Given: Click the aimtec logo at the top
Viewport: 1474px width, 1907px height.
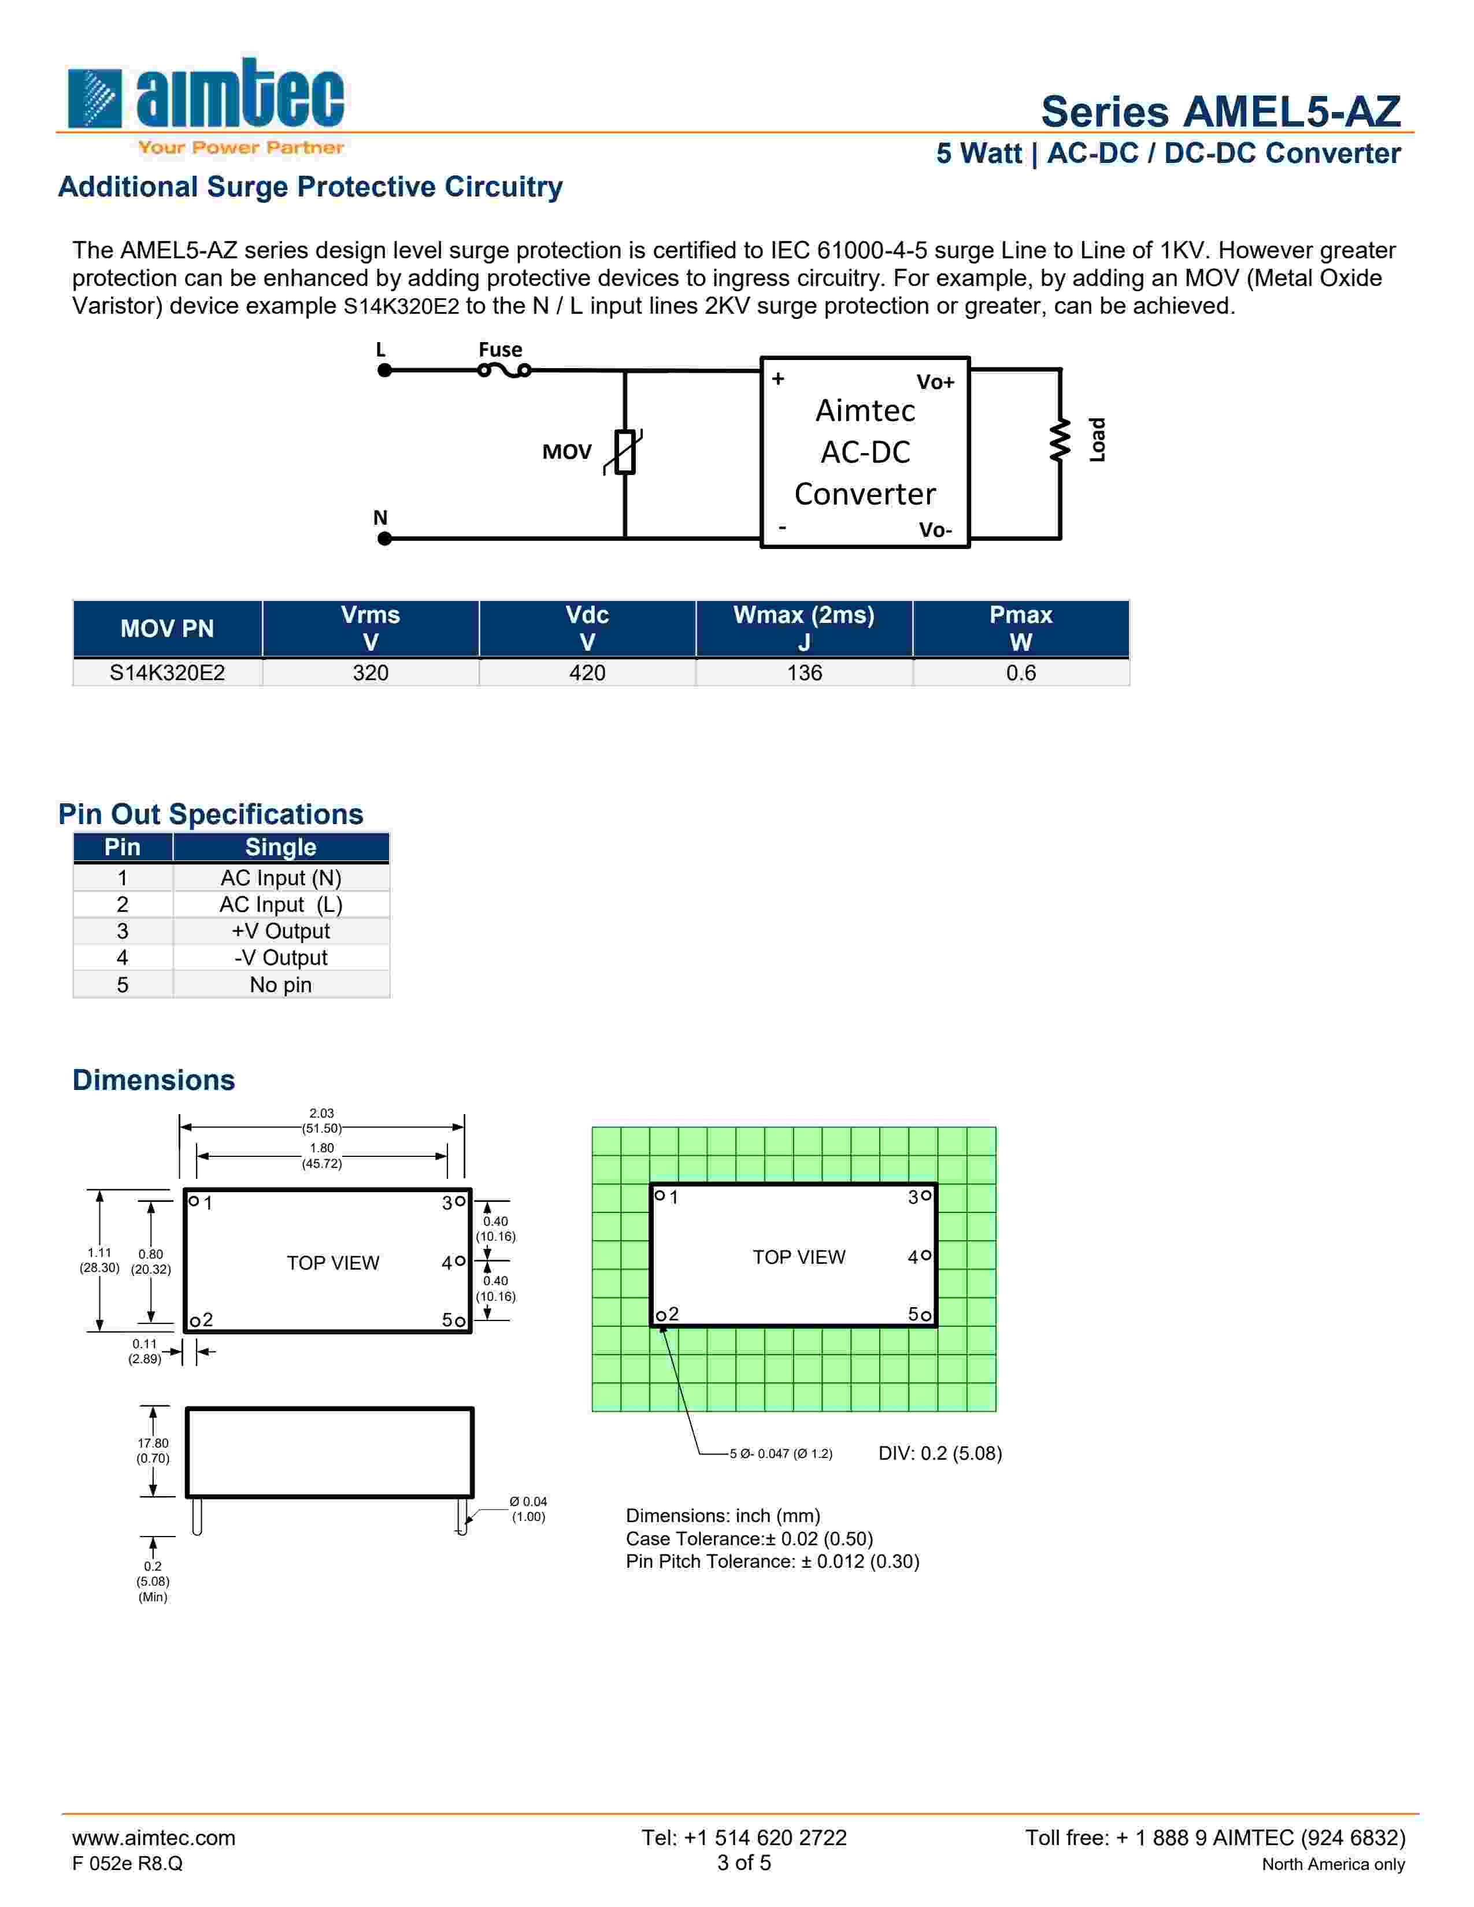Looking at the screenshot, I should pyautogui.click(x=206, y=105).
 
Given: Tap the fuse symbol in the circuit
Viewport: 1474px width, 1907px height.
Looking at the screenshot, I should pyautogui.click(x=504, y=371).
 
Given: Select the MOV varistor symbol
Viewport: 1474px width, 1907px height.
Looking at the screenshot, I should pyautogui.click(x=624, y=451).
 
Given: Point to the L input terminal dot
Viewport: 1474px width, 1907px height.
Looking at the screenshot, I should pyautogui.click(x=384, y=370).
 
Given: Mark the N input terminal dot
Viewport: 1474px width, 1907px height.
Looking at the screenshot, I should pyautogui.click(x=384, y=539).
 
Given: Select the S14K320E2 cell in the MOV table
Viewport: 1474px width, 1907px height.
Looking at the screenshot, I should pyautogui.click(x=167, y=673).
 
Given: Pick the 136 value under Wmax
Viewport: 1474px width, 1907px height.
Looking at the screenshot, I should pyautogui.click(x=804, y=673).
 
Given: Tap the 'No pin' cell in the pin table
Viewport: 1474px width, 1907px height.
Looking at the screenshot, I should pyautogui.click(x=280, y=985).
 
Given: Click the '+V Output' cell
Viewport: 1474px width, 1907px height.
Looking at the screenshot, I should pyautogui.click(x=280, y=931).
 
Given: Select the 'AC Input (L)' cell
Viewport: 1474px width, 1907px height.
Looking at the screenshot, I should pyautogui.click(x=280, y=904).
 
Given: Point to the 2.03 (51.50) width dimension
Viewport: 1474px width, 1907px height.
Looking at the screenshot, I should pyautogui.click(x=321, y=1121).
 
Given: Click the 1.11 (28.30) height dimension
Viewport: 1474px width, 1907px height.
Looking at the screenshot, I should pyautogui.click(x=99, y=1259).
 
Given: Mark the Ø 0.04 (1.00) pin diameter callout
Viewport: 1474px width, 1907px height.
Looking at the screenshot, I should pyautogui.click(x=528, y=1509).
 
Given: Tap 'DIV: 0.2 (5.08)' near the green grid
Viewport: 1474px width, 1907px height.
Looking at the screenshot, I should pyautogui.click(x=939, y=1453).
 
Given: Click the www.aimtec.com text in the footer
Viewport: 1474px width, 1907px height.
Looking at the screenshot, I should pyautogui.click(x=154, y=1838).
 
